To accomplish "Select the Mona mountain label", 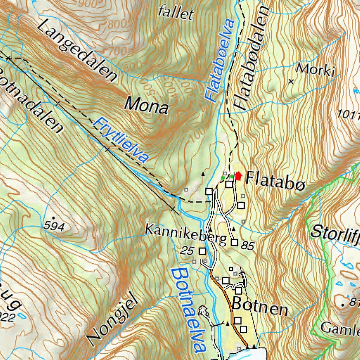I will click(x=147, y=105).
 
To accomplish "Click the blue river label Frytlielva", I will click(x=120, y=140).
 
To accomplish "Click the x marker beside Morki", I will click(x=291, y=82).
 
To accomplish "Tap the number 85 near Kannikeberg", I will click(x=247, y=246).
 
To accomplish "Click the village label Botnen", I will click(x=260, y=307).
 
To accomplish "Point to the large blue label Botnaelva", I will click(x=189, y=309).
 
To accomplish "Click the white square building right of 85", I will click(x=234, y=242).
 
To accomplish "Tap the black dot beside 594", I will click(x=53, y=218).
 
